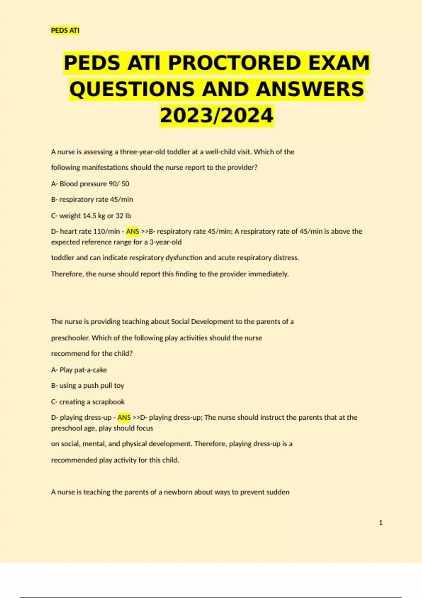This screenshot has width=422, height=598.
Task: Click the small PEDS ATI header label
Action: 65,31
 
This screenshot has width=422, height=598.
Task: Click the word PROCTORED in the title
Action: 235,63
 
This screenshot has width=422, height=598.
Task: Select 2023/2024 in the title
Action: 217,116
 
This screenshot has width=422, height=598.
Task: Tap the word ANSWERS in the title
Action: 310,89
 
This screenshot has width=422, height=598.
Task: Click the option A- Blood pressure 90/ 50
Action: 90,184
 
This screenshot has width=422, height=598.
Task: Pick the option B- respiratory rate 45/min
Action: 92,199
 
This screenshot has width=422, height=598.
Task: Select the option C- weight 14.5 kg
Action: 91,216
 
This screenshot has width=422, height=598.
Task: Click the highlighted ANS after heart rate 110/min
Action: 133,231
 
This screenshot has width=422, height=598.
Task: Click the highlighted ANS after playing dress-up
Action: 124,418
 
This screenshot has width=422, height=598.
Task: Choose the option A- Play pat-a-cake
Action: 79,370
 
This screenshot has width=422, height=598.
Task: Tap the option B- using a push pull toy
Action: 88,386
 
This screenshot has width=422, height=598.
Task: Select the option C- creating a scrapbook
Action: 88,402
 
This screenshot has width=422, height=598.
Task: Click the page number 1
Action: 381,523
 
